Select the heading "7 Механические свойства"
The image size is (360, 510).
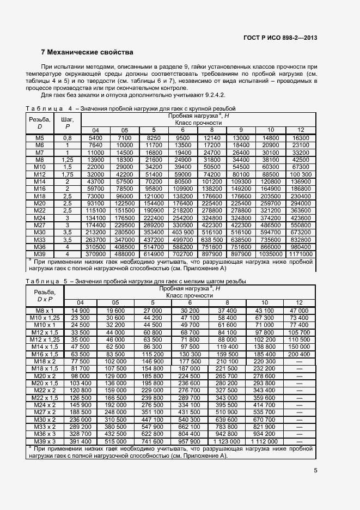(87, 53)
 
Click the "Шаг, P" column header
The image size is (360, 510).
(68, 122)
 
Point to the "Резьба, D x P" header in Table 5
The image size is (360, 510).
(45, 295)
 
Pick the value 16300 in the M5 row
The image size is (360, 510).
(301, 138)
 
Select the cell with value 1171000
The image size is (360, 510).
(301, 253)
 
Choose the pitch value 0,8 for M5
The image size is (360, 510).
(68, 138)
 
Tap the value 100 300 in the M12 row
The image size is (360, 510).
(301, 174)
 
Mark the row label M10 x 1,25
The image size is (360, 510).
(45, 317)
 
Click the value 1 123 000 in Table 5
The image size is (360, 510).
(227, 440)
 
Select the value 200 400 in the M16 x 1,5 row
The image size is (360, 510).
(299, 354)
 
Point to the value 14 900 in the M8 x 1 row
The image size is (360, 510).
(80, 310)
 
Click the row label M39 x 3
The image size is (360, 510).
(45, 440)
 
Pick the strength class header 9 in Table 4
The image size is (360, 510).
(241, 130)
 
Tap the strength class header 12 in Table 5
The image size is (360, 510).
(299, 302)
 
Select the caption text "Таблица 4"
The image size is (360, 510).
(49, 108)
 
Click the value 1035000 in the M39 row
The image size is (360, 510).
(271, 253)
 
